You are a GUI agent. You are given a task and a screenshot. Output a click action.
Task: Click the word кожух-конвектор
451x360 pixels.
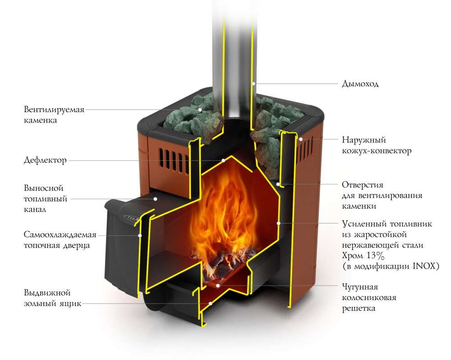(x=377, y=151)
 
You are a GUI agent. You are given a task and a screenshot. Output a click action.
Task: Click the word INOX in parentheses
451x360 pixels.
(x=423, y=266)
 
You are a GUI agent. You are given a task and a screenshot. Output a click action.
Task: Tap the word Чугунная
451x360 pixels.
(x=359, y=287)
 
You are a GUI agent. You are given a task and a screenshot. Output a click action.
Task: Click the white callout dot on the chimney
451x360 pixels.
(x=254, y=83)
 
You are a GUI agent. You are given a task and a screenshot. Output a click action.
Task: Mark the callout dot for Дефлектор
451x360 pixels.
(x=222, y=160)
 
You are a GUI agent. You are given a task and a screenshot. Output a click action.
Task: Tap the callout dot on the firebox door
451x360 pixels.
(x=140, y=235)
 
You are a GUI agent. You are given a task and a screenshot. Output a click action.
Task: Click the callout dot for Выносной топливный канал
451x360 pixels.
(x=155, y=198)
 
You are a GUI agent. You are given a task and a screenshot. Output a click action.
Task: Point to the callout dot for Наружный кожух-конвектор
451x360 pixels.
(x=300, y=140)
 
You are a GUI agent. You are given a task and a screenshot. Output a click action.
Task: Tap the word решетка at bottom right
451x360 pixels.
(x=359, y=309)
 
